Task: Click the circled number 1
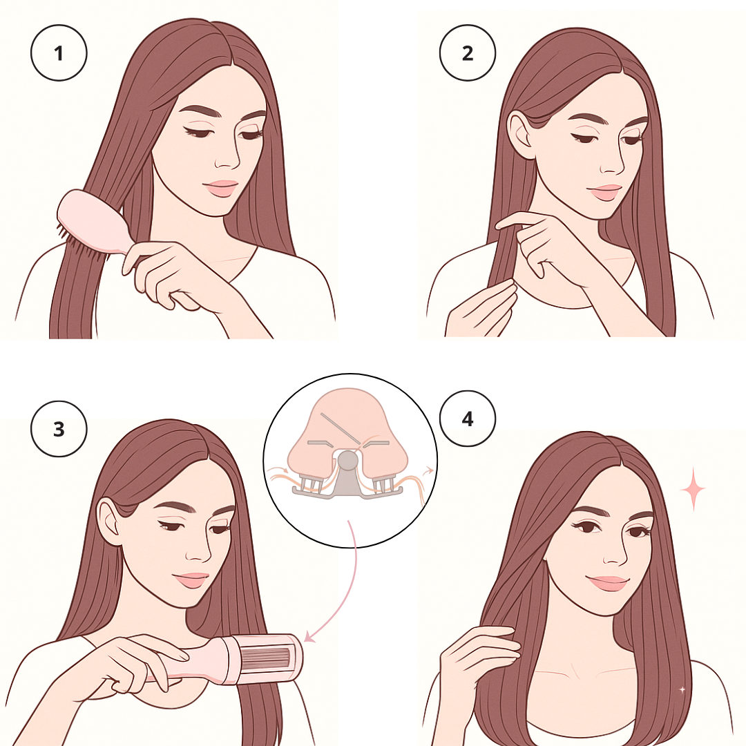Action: [x=59, y=52]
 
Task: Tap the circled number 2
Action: [x=468, y=52]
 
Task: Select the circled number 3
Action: [x=59, y=429]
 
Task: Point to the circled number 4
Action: [x=468, y=419]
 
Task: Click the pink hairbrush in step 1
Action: [x=90, y=224]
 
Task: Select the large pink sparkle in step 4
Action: [x=693, y=489]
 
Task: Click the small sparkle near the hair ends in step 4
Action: [x=682, y=689]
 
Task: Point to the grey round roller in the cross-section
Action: [x=348, y=460]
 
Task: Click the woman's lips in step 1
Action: [x=220, y=188]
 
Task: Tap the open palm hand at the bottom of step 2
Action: [x=481, y=309]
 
